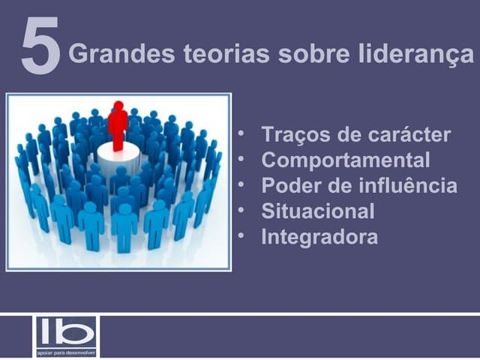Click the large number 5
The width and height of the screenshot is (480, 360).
pyautogui.click(x=40, y=48)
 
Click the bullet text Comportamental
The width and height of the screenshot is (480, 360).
pyautogui.click(x=346, y=160)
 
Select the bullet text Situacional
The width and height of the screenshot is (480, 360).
pyautogui.click(x=317, y=211)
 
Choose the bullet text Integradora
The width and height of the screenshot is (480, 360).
pyautogui.click(x=319, y=238)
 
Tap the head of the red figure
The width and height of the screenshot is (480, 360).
pyautogui.click(x=118, y=106)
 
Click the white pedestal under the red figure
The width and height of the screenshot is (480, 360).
pyautogui.click(x=118, y=155)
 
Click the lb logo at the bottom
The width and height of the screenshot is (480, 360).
pyautogui.click(x=66, y=331)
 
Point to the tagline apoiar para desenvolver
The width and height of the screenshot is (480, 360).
pyautogui.click(x=66, y=351)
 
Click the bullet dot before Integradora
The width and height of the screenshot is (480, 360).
pyautogui.click(x=241, y=236)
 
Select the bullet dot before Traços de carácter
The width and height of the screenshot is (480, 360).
pyautogui.click(x=241, y=134)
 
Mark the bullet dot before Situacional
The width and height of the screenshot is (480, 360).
pyautogui.click(x=241, y=211)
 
